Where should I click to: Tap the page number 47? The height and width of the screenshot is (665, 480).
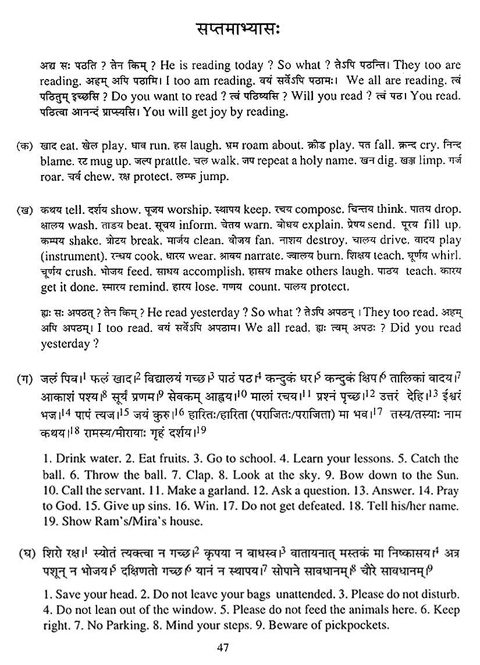[239, 647]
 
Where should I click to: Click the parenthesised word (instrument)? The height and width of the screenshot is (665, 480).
[69, 255]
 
